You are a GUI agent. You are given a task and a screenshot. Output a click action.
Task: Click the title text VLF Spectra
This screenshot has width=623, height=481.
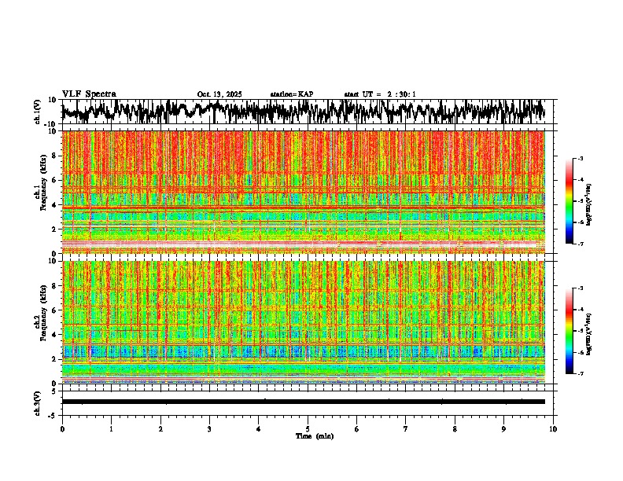[89, 94]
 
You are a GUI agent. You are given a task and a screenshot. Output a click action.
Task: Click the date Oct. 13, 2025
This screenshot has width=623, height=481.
[219, 94]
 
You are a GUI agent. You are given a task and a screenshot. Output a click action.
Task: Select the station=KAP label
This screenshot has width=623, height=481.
[292, 94]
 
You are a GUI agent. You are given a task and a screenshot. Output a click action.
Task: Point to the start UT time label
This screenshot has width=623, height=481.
[380, 94]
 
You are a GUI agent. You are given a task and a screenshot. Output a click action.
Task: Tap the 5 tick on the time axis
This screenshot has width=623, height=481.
[308, 429]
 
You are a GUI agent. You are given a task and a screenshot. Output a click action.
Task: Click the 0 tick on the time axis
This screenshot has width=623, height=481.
[62, 429]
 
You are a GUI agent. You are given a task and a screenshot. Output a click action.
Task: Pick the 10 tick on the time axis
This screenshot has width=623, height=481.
[553, 429]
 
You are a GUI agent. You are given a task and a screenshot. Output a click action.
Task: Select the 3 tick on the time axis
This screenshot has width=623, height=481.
[209, 429]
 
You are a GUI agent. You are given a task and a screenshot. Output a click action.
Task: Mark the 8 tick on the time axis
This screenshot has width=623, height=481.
[455, 429]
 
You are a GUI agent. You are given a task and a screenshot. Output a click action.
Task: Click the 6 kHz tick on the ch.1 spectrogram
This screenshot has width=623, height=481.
[55, 180]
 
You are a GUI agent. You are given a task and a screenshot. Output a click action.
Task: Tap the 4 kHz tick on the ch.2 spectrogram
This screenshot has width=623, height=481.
[55, 335]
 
